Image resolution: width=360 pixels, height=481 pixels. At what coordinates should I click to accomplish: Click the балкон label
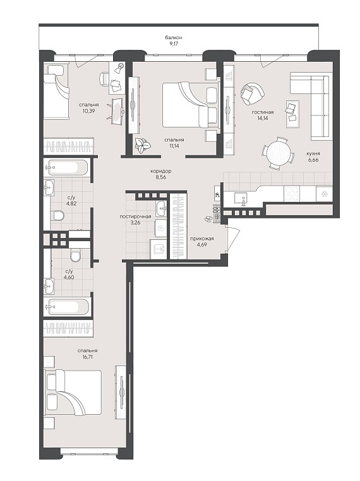(174, 37)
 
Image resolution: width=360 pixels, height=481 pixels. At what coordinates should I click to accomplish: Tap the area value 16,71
(87, 357)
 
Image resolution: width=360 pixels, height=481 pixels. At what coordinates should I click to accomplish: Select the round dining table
(279, 152)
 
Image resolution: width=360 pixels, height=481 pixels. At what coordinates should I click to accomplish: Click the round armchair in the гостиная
(252, 94)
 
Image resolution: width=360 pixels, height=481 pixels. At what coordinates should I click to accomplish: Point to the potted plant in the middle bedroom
(142, 145)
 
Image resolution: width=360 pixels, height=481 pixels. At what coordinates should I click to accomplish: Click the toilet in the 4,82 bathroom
(58, 215)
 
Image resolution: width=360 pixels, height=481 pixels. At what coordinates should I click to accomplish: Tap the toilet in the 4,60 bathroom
(75, 256)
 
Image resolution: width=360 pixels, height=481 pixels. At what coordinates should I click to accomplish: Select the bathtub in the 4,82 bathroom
(66, 167)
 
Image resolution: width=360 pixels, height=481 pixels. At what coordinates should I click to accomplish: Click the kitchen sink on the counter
(243, 198)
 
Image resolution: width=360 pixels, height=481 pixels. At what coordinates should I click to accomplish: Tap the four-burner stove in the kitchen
(291, 194)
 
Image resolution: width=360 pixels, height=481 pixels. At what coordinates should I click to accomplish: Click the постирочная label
(135, 217)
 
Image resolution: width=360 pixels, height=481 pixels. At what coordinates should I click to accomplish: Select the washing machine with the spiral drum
(160, 229)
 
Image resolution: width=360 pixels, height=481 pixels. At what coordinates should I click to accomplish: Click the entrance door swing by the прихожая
(231, 240)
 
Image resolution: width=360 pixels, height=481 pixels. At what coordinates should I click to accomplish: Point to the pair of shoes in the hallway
(208, 219)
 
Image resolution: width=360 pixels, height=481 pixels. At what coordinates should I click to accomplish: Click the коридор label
(161, 171)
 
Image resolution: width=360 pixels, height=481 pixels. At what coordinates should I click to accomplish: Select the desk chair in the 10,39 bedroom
(104, 78)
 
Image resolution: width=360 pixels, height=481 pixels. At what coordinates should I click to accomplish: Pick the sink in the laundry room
(161, 209)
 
